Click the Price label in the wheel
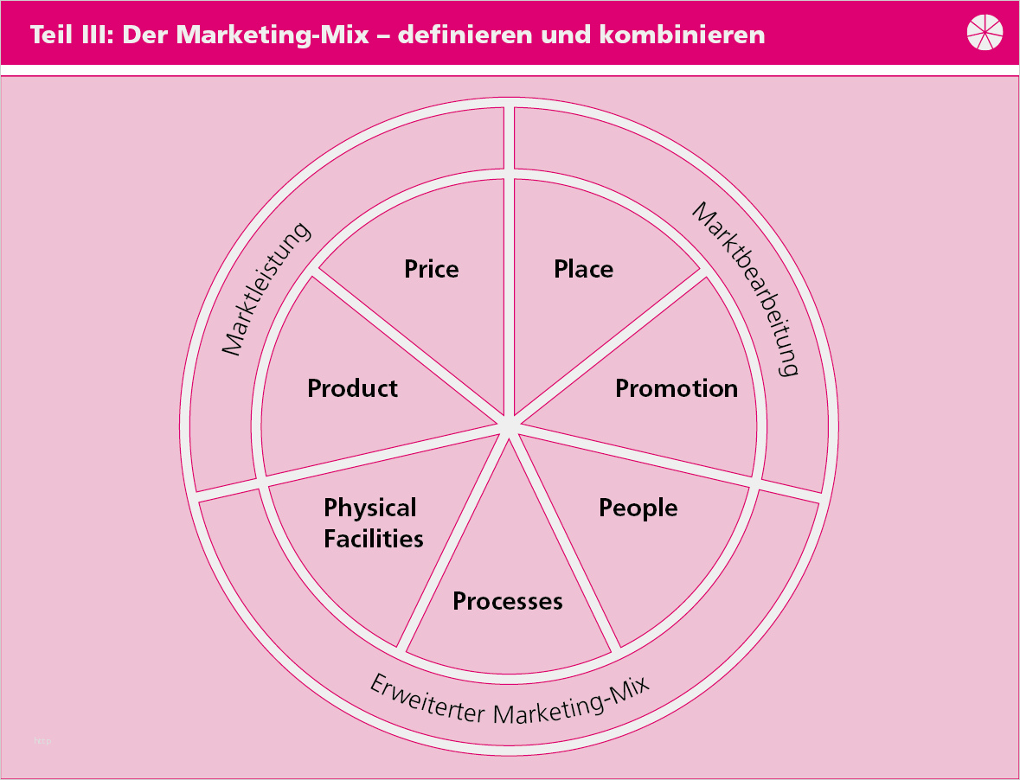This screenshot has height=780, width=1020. point(431,269)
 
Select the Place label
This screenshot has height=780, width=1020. point(583,269)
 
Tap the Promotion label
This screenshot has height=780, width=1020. point(677,388)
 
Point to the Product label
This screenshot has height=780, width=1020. point(352,388)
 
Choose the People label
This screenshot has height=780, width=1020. point(638,508)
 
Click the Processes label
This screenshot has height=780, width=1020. point(508,601)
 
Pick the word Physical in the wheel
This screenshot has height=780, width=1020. point(370,508)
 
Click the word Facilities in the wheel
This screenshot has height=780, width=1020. point(374,539)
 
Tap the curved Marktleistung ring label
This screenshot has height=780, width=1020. point(266,290)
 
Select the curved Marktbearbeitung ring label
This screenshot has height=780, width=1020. point(746,290)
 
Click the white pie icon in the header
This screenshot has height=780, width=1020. point(985,33)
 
